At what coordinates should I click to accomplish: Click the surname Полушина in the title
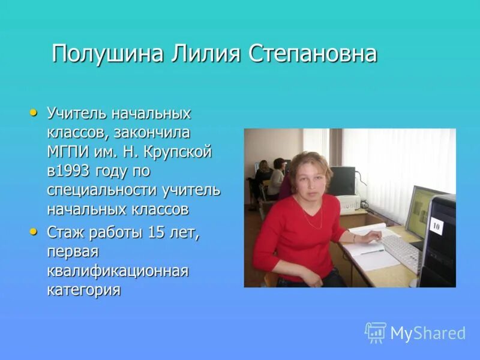point(107,54)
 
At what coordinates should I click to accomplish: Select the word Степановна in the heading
point(312,54)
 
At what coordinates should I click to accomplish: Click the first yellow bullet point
point(34,112)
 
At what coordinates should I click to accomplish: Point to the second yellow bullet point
point(34,230)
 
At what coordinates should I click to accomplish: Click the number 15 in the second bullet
point(156,232)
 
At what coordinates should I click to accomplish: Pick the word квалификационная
point(118,271)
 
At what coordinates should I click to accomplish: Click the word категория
point(84,290)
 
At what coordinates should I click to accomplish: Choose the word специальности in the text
point(102,191)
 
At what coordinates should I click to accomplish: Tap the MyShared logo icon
point(376,332)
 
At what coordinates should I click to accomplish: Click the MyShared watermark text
point(427,333)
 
